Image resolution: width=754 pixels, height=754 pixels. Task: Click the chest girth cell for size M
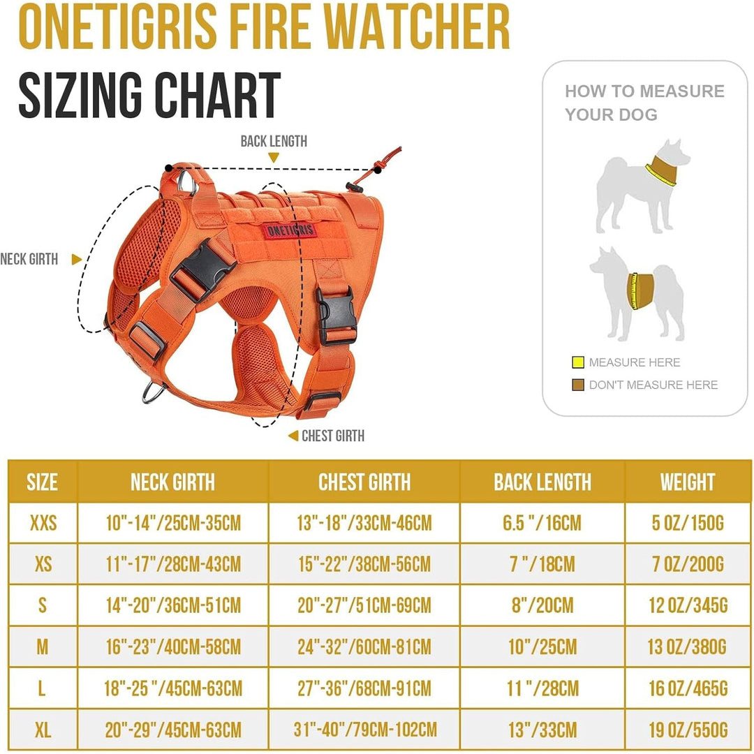click(x=364, y=646)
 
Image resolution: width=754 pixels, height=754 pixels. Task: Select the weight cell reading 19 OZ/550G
click(x=688, y=730)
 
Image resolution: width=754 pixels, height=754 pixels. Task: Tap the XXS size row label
click(x=43, y=522)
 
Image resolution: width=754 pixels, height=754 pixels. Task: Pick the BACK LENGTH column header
click(x=542, y=482)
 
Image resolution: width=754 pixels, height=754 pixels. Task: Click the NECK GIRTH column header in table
click(x=172, y=482)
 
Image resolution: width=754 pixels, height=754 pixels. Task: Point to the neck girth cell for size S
click(x=172, y=605)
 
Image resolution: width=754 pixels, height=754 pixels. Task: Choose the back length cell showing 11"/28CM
click(x=542, y=689)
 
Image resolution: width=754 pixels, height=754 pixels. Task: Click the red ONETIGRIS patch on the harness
click(x=289, y=231)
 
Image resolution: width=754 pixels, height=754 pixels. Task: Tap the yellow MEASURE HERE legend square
click(x=577, y=362)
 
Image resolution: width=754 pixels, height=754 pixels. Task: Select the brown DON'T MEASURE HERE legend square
click(x=577, y=385)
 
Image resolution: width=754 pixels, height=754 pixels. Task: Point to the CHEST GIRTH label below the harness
click(x=332, y=436)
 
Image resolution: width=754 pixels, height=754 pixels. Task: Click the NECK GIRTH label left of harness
click(x=29, y=259)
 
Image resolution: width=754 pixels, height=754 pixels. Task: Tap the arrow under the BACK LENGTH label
click(x=274, y=158)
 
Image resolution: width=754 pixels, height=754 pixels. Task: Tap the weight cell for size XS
click(x=688, y=563)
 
